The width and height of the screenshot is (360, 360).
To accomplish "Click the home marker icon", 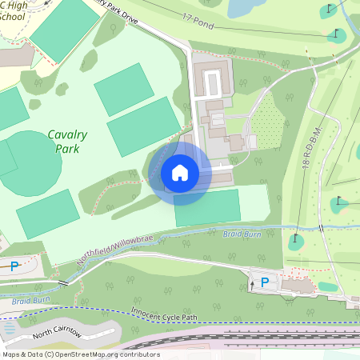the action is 180,173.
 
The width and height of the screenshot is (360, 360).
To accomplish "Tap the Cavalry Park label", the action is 67,142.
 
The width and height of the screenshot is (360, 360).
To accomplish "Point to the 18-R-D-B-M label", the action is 313,153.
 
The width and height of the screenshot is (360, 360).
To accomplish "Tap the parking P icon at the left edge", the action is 14,266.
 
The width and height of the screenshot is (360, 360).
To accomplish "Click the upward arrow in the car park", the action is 254,282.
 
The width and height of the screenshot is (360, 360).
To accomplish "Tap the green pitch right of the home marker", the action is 207,207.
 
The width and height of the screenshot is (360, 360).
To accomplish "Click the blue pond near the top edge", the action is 244,7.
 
